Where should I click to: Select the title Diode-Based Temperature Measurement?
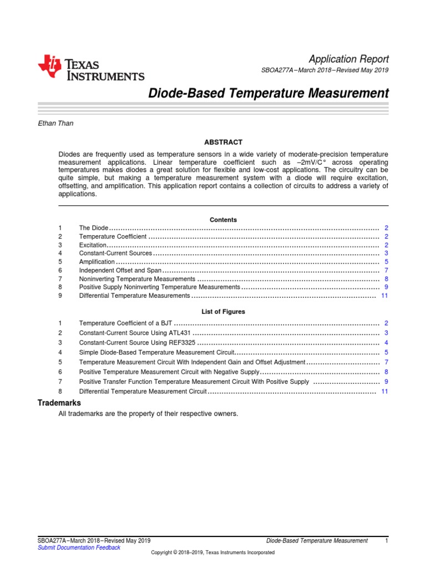click(268, 93)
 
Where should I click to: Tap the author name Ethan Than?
click(55, 123)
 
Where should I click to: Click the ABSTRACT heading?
click(223, 143)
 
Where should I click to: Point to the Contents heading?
click(223, 220)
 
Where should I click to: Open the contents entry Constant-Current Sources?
click(115, 253)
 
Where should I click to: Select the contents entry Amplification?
click(97, 262)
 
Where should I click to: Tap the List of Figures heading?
click(223, 312)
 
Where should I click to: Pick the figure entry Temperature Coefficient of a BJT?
click(126, 323)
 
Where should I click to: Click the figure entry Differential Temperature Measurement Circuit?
click(143, 392)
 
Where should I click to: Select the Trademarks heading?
click(59, 403)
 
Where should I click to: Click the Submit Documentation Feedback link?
click(78, 547)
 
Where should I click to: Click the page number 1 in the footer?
click(386, 540)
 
